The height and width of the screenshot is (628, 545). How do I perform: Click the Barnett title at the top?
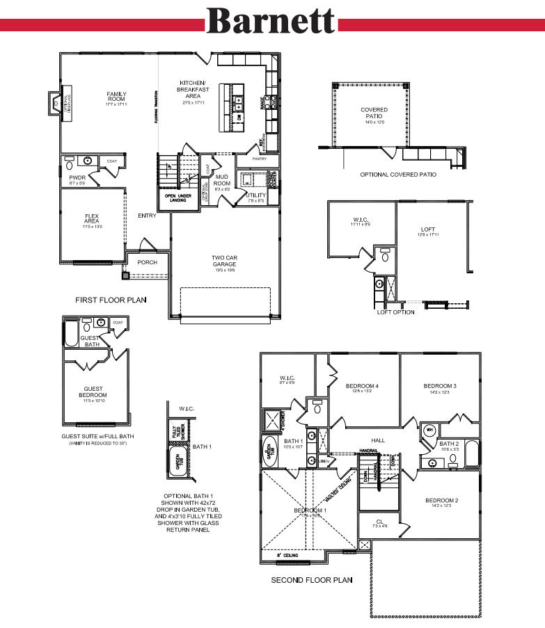point(271,21)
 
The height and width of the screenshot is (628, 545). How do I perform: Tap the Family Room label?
point(116,97)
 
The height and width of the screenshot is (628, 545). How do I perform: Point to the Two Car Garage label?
point(225,261)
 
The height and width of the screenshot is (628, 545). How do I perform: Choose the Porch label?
point(147,262)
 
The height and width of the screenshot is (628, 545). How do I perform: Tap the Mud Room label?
point(222,180)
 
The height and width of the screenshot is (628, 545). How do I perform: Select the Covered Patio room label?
point(374,113)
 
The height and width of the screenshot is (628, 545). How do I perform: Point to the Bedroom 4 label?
point(362,386)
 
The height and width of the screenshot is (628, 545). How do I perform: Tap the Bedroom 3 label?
point(440,386)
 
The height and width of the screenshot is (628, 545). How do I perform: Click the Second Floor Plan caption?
point(311,579)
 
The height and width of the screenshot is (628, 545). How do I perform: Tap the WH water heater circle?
point(429,429)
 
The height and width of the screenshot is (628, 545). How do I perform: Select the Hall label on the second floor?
point(378,440)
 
